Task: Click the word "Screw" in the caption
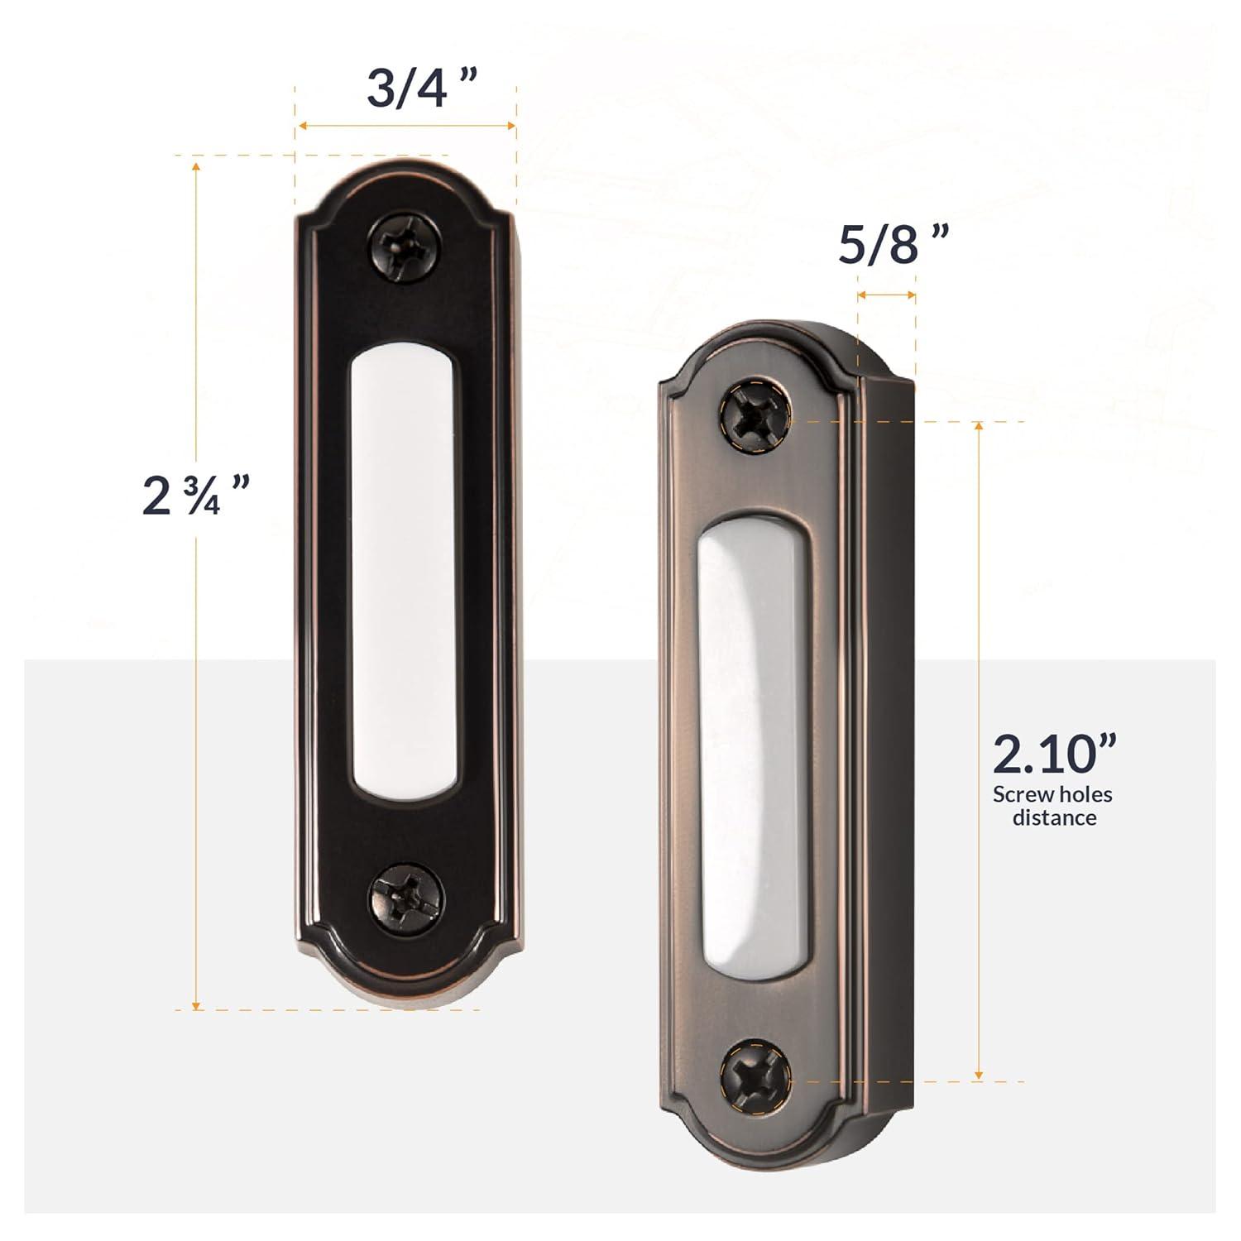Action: click(1023, 795)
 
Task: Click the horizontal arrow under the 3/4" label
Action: click(406, 126)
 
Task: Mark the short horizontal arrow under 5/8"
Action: click(887, 295)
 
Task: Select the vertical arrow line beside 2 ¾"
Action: click(196, 662)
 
